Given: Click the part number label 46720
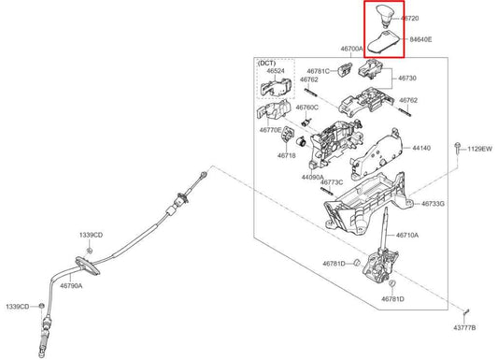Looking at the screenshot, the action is point(410,19).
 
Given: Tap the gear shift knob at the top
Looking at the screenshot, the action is point(384,14).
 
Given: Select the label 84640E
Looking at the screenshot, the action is point(420,39).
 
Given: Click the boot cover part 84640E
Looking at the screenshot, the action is point(385,42).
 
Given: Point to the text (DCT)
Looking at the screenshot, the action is point(266,63).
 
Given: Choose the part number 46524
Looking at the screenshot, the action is point(276,71).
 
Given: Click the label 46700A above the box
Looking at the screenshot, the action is point(351,49).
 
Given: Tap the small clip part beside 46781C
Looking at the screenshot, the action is point(344,69).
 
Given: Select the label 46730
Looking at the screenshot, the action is point(407,79).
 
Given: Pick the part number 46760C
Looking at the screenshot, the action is point(306,108).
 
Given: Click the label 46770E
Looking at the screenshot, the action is point(270,130).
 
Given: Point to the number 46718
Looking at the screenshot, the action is point(287,155).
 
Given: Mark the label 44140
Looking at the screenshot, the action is point(421,148).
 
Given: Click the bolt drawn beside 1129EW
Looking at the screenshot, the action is point(457,149).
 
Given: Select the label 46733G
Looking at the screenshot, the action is point(433,204).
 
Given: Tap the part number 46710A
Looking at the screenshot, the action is point(407,236).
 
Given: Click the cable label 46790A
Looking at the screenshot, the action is point(71,285).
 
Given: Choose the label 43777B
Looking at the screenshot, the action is point(464,327).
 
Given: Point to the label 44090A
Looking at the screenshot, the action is point(312,177).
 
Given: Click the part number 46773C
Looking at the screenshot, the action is point(332,182).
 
